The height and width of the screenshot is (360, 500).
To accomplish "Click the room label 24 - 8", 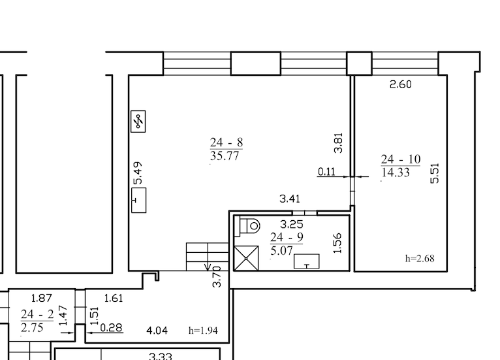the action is (x=227, y=142).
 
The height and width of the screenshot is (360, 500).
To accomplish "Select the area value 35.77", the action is (x=225, y=155).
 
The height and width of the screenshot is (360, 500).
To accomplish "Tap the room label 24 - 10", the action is (x=401, y=159).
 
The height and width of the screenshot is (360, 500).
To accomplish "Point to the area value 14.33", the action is (x=396, y=172).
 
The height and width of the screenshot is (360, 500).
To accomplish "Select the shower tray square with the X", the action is (x=246, y=258).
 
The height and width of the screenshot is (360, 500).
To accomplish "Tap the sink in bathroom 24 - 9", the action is (x=306, y=261).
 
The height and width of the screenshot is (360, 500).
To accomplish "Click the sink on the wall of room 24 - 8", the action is (x=139, y=200).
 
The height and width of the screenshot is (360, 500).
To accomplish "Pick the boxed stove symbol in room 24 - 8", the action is (x=138, y=122).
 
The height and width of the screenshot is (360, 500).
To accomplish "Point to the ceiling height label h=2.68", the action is (x=420, y=258).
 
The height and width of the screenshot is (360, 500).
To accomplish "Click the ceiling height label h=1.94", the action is (x=203, y=331).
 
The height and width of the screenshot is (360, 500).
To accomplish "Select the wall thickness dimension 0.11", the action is (x=326, y=172).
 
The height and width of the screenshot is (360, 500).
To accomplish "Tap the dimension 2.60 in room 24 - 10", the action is (x=401, y=84).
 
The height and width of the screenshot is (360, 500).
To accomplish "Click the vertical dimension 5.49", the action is (x=138, y=173).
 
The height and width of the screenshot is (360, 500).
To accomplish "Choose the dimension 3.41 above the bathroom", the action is (x=290, y=199).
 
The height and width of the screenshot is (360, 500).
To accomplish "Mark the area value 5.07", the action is (x=281, y=250).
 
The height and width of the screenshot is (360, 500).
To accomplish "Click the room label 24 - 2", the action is (x=37, y=314).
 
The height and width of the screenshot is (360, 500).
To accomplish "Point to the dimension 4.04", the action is (x=157, y=331).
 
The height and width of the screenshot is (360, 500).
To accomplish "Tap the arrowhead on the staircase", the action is (x=208, y=267).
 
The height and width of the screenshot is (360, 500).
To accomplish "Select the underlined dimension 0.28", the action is (x=111, y=328).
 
